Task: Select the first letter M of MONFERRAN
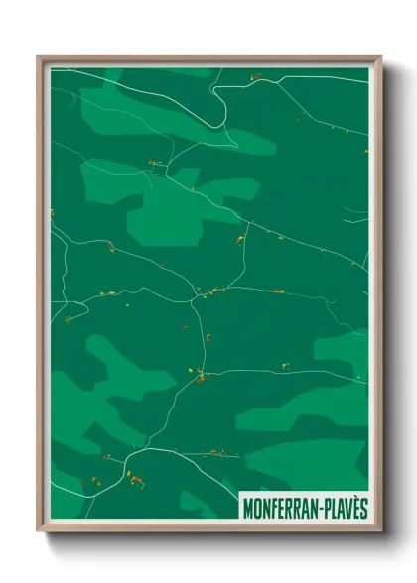pos(247,508)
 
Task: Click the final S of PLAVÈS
pos(364,508)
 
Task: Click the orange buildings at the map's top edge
pos(255,75)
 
